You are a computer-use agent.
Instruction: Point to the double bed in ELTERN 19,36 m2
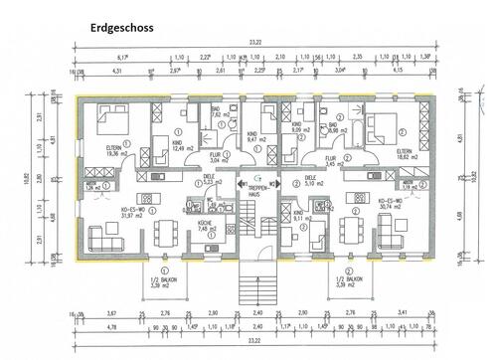coord(107,123)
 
